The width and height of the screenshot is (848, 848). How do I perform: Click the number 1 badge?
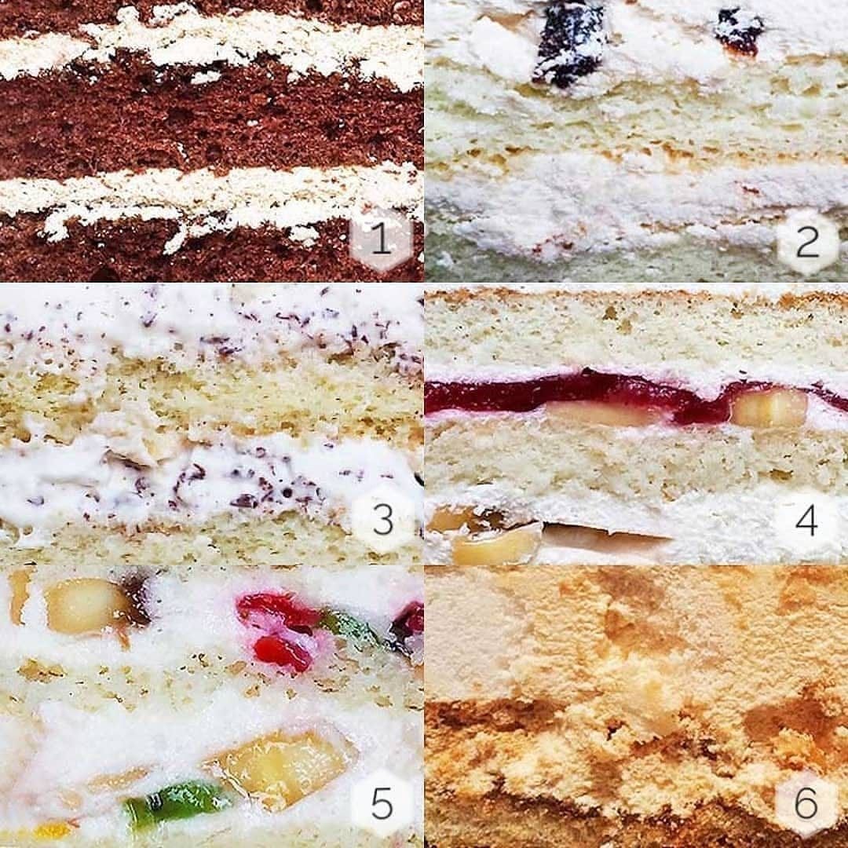click(x=382, y=238)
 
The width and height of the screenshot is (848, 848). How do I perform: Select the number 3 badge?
click(x=382, y=519)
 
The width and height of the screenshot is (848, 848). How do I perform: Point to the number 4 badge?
click(x=806, y=521)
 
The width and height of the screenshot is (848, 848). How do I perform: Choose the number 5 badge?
click(x=382, y=802)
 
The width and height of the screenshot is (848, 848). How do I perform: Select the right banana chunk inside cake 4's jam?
click(x=769, y=408)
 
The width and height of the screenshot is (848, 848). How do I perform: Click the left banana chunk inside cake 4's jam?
click(x=605, y=412)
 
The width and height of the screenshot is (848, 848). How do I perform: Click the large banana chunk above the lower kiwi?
click(x=281, y=768)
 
